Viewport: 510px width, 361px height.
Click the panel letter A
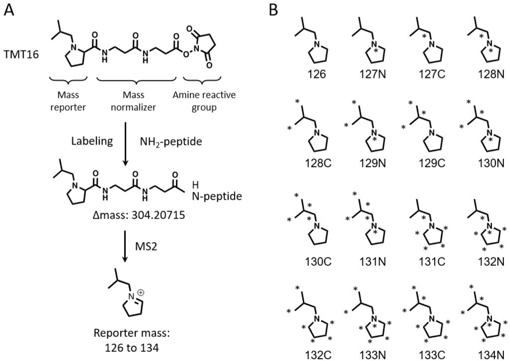(9, 10)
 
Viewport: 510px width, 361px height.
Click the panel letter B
(273, 10)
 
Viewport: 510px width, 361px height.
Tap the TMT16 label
(21, 54)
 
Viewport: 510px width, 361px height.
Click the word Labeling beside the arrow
(92, 141)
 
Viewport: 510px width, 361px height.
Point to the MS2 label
(146, 246)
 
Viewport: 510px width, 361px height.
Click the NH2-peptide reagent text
(171, 142)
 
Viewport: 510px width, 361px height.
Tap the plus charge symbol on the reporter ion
(141, 292)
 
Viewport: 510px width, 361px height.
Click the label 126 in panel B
(317, 74)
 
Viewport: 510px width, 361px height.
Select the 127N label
(373, 74)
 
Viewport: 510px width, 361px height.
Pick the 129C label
(432, 163)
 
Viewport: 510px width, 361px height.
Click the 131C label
(432, 262)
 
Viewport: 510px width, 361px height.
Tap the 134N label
(491, 355)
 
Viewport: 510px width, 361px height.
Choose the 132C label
(318, 355)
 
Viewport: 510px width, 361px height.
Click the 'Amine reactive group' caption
(204, 101)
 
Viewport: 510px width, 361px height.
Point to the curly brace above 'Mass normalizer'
(137, 80)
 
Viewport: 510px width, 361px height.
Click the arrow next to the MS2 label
(125, 247)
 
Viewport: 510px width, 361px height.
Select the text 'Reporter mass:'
(132, 333)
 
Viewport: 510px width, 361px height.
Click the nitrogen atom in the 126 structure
(317, 44)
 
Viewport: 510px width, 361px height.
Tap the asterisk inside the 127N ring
(376, 50)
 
